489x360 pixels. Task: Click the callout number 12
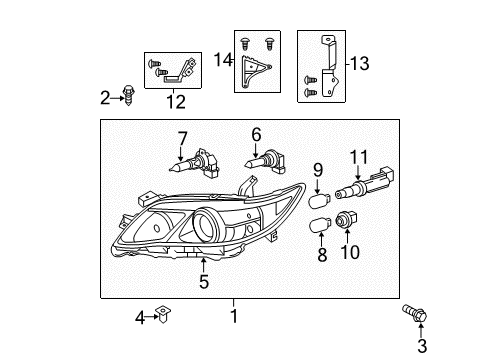pyautogui.click(x=176, y=102)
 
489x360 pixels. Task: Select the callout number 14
pyautogui.click(x=223, y=60)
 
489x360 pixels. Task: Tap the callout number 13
pyautogui.click(x=360, y=63)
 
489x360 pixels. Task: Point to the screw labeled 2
pyautogui.click(x=128, y=95)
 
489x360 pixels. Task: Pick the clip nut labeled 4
pyautogui.click(x=163, y=314)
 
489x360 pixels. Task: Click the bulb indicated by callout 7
pyautogui.click(x=195, y=165)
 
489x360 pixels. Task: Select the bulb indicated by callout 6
pyautogui.click(x=266, y=163)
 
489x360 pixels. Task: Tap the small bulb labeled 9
pyautogui.click(x=320, y=201)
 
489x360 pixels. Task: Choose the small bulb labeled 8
pyautogui.click(x=320, y=225)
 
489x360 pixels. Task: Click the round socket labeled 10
pyautogui.click(x=346, y=220)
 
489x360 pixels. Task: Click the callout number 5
pyautogui.click(x=204, y=282)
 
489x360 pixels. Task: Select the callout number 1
pyautogui.click(x=234, y=316)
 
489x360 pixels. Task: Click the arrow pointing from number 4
pyautogui.click(x=152, y=317)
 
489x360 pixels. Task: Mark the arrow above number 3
pyautogui.click(x=421, y=330)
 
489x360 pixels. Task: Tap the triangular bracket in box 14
pyautogui.click(x=255, y=71)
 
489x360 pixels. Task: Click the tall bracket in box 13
pyautogui.click(x=330, y=66)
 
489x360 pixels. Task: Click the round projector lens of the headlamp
pyautogui.click(x=206, y=223)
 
